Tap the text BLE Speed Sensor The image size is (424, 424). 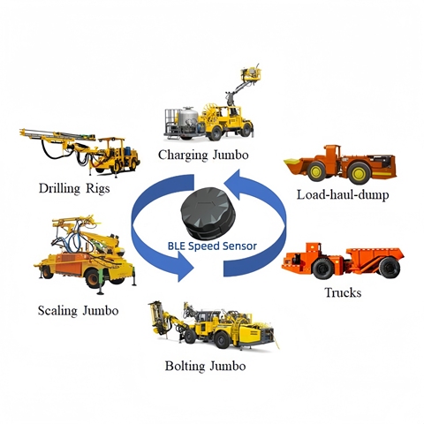pyautogui.click(x=212, y=246)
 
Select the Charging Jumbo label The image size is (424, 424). pyautogui.click(x=203, y=155)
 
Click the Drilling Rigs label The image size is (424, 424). pyautogui.click(x=74, y=188)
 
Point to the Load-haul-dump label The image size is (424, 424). pyautogui.click(x=343, y=194)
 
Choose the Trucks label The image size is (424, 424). pyautogui.click(x=343, y=292)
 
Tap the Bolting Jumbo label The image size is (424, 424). pyautogui.click(x=205, y=366)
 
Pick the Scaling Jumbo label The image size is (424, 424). pyautogui.click(x=78, y=311)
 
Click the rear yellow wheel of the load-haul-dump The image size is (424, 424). pyautogui.click(x=359, y=173)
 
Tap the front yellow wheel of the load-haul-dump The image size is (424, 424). pyautogui.click(x=316, y=171)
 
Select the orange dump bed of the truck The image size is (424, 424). pyautogui.click(x=375, y=257)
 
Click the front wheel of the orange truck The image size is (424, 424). pyautogui.click(x=322, y=269)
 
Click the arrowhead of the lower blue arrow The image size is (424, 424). pyautogui.click(x=184, y=268)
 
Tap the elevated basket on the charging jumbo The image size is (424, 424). pyautogui.click(x=251, y=73)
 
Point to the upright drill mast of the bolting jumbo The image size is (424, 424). pyautogui.click(x=156, y=318)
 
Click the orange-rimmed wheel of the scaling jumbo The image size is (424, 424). pyautogui.click(x=93, y=278)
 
